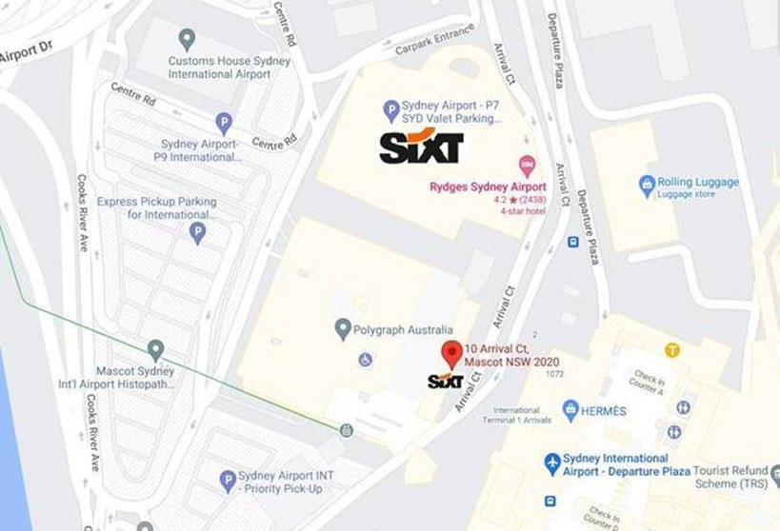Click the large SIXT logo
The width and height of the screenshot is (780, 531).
(x=421, y=147)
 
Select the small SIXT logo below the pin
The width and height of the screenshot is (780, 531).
(x=445, y=382)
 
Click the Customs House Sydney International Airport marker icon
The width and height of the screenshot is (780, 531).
(x=188, y=39)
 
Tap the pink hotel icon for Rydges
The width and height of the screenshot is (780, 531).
(x=525, y=166)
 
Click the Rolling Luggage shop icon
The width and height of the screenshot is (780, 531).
(x=649, y=184)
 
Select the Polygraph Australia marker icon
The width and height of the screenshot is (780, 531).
(x=344, y=329)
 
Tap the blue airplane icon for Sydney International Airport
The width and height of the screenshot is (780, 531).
(x=551, y=463)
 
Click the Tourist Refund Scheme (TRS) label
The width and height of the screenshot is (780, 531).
(x=736, y=477)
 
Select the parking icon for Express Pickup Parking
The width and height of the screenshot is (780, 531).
(x=198, y=232)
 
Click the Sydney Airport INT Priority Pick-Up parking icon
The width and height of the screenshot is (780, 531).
(x=228, y=482)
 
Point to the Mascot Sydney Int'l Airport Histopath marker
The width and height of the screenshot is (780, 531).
(x=156, y=350)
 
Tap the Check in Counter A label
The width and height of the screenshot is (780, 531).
(x=645, y=382)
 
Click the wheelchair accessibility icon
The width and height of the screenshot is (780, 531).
(x=365, y=360)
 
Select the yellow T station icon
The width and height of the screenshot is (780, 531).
(x=673, y=350)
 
